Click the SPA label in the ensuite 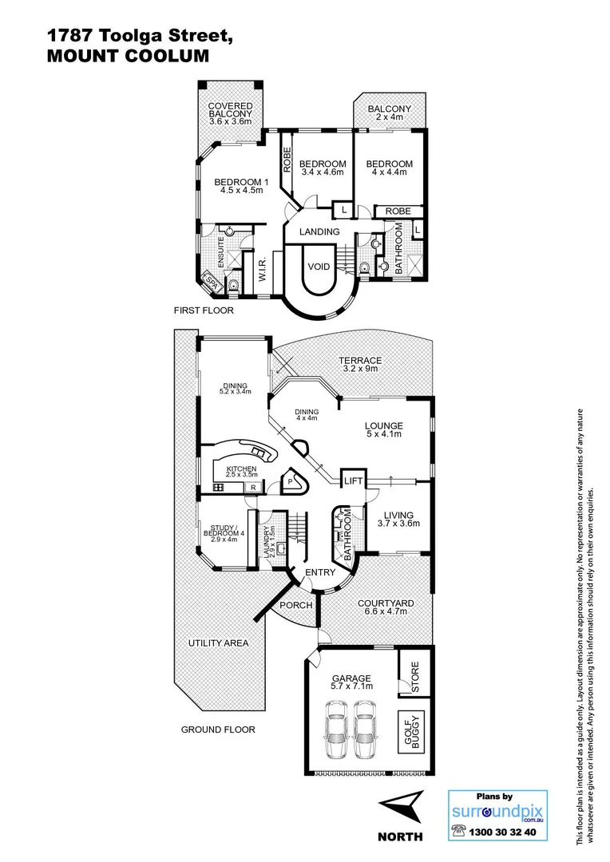click(212, 281)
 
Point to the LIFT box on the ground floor click(352, 480)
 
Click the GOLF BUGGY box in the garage click(410, 731)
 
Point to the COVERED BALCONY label click(230, 113)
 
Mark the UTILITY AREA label click(218, 643)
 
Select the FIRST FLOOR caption click(204, 310)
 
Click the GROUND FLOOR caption click(217, 729)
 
